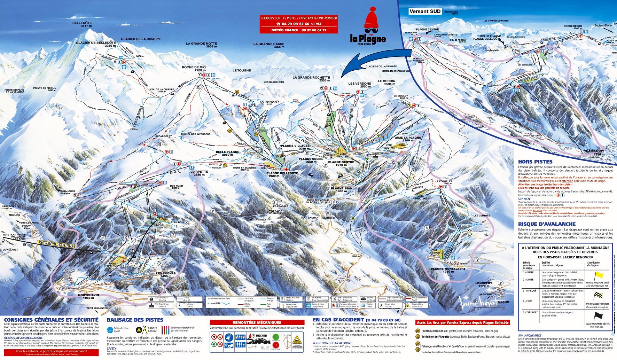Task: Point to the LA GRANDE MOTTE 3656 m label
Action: (x=201, y=45)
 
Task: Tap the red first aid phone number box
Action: (x=299, y=24)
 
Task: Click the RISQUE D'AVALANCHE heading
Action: (x=540, y=225)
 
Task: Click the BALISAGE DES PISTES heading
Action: (x=135, y=320)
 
